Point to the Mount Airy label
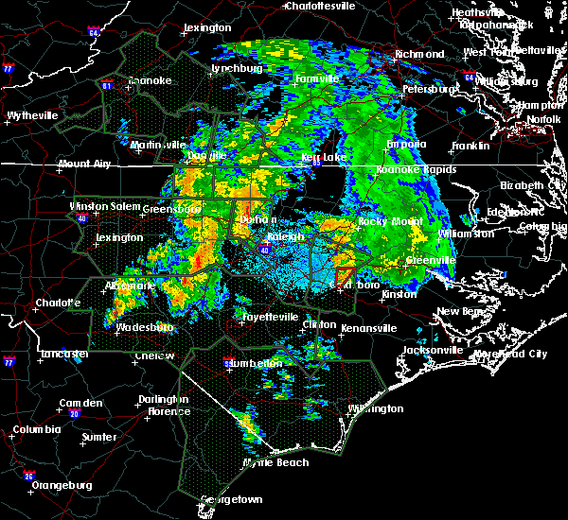click(83, 164)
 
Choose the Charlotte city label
click(42, 303)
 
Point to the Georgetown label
click(231, 498)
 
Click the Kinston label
click(398, 294)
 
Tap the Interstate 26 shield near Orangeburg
click(30, 476)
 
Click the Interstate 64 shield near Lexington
click(93, 32)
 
